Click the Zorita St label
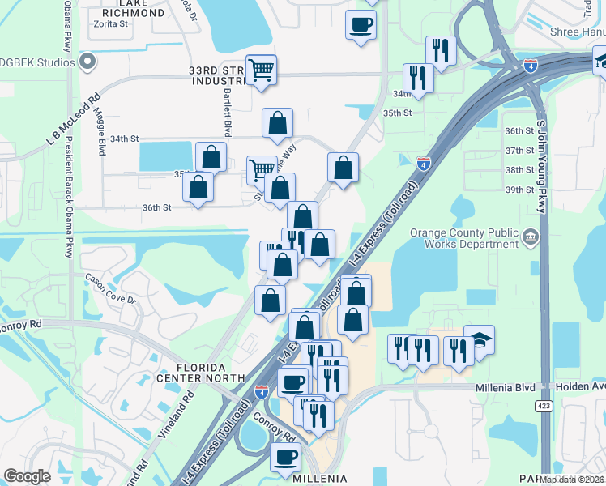click(x=113, y=25)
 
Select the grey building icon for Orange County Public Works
click(x=531, y=237)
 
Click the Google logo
click(x=27, y=476)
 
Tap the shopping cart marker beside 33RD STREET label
click(x=261, y=70)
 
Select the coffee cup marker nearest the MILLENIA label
click(x=285, y=456)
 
